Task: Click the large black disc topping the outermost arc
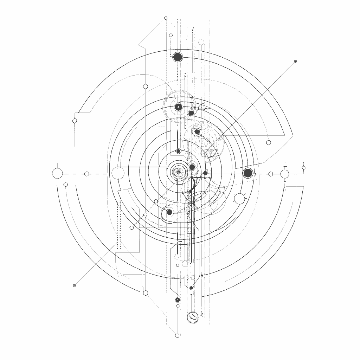pos(178,57)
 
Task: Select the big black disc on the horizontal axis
pos(248,173)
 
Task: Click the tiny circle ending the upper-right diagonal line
pos(295,61)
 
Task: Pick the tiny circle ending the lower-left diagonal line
pos(74,285)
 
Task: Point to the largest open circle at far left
pos(57,174)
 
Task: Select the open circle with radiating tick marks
pos(240,199)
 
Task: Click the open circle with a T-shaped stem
pos(285,174)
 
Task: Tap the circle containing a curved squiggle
pos(193,317)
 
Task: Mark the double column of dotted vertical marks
pos(118,225)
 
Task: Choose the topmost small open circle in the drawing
pos(166,18)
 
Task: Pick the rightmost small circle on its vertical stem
pos(304,168)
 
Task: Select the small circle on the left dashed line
pos(87,174)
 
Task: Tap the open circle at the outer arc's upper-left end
pos(75,121)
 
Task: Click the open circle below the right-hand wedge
pos(269,143)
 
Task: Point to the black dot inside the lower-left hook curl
pos(169,212)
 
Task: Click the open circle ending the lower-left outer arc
pos(146,293)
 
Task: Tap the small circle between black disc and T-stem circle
pos(271,174)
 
